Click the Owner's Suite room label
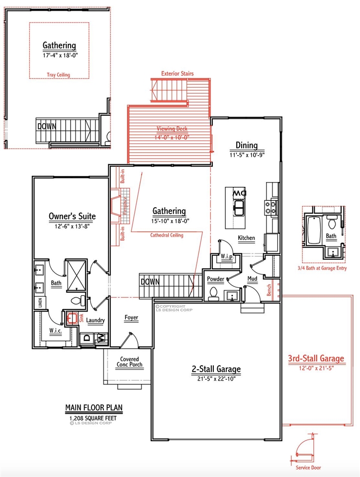click(72, 216)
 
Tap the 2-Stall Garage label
click(216, 369)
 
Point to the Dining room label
click(247, 145)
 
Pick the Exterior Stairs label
click(177, 74)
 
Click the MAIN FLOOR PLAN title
click(93, 408)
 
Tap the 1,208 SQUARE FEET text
click(93, 418)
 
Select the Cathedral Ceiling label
click(167, 235)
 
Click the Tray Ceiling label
click(59, 75)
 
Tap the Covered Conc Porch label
click(129, 362)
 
